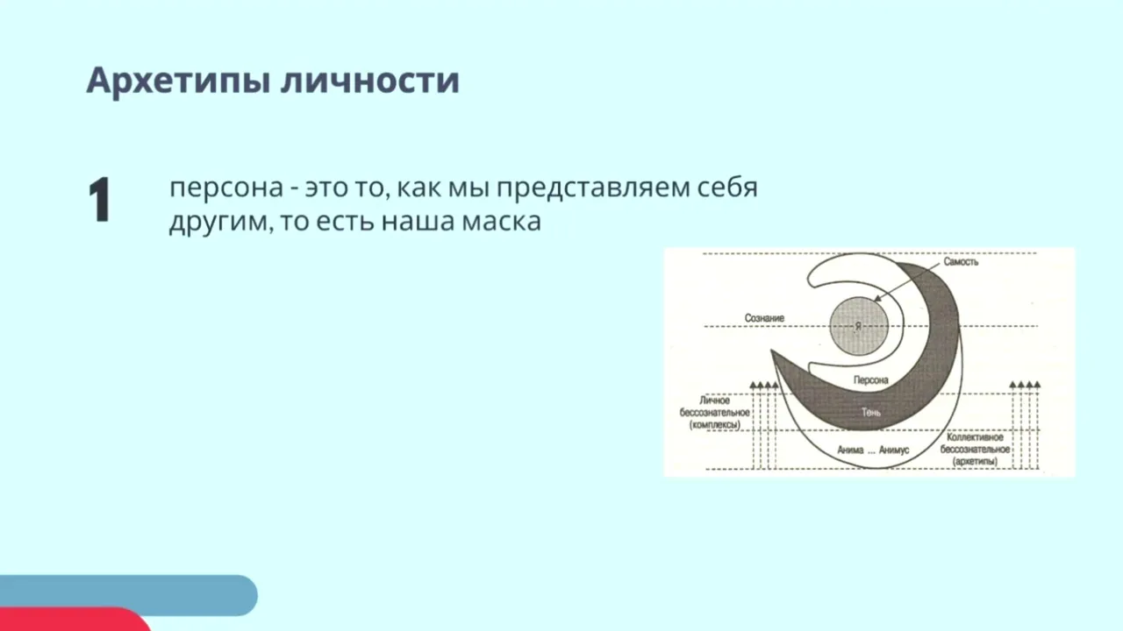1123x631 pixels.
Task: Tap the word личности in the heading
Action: [x=370, y=81]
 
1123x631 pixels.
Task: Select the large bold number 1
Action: [x=99, y=199]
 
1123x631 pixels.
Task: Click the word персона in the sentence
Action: [x=226, y=188]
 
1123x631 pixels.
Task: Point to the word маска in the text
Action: [x=501, y=222]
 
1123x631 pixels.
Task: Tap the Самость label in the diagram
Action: [x=961, y=262]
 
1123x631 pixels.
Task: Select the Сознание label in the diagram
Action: [x=764, y=318]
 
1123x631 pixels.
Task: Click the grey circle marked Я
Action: [x=859, y=326]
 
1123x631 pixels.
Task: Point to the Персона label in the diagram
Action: [x=871, y=380]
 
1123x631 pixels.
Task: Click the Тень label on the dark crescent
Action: [x=871, y=412]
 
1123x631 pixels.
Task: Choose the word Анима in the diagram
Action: [x=850, y=450]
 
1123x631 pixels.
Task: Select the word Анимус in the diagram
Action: [x=894, y=450]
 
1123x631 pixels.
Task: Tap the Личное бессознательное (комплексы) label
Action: [x=714, y=413]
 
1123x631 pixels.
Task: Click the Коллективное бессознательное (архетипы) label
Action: [x=975, y=450]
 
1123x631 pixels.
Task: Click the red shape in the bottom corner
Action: [x=70, y=620]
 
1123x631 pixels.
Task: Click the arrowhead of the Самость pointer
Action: [x=877, y=299]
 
